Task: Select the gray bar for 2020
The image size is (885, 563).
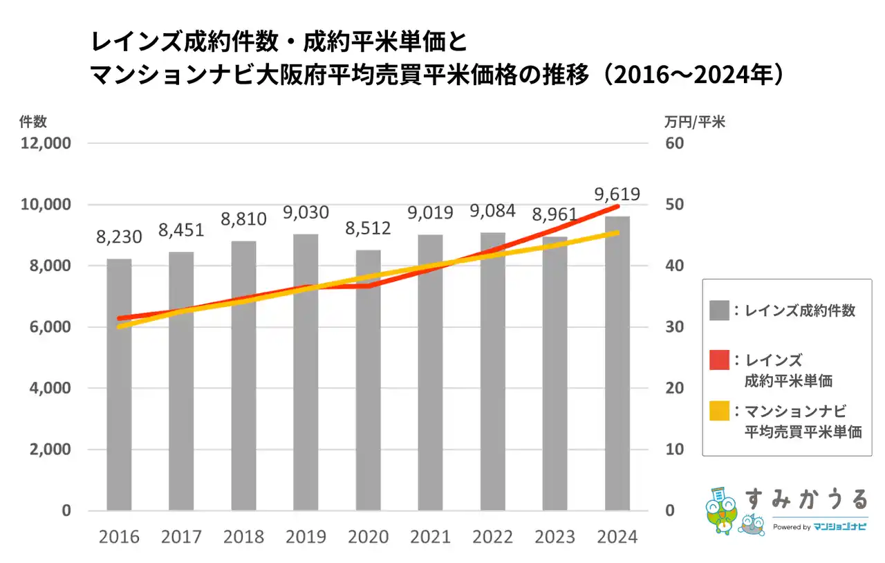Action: [368, 380]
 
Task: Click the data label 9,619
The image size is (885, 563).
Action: [617, 194]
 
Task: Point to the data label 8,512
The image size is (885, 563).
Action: [368, 228]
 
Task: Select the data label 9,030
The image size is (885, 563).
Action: [306, 212]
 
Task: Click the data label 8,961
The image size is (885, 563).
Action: [555, 214]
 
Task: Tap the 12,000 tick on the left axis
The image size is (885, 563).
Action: [48, 144]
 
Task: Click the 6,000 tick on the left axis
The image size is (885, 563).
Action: [52, 327]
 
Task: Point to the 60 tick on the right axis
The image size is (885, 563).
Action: [675, 144]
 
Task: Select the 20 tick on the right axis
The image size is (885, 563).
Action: [675, 388]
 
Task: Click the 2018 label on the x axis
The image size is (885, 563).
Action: [243, 537]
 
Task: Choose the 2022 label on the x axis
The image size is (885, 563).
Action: [492, 537]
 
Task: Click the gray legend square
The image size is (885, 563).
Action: [719, 311]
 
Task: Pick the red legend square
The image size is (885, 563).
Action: [719, 361]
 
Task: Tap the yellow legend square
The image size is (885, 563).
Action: [719, 412]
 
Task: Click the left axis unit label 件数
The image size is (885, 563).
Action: [33, 122]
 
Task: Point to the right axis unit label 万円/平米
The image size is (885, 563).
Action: [694, 122]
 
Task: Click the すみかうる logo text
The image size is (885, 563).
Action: [805, 499]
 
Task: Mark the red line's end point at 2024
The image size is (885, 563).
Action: [617, 206]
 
